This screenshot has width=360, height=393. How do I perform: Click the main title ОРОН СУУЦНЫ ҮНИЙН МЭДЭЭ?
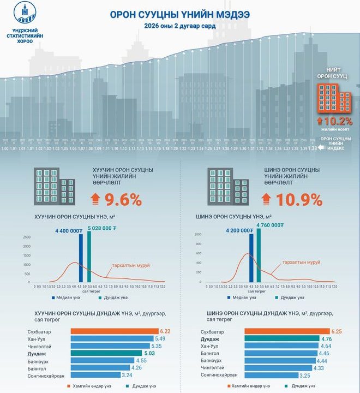(x=179, y=14)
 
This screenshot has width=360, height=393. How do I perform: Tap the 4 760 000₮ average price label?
(x=269, y=224)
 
